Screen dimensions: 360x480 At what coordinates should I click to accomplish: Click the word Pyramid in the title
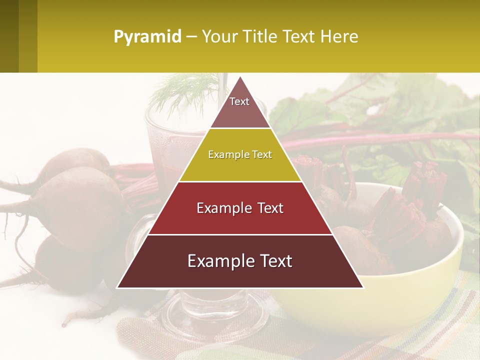(x=147, y=36)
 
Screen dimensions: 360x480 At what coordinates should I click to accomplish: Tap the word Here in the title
(x=339, y=36)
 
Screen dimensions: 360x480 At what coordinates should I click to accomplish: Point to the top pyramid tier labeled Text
(x=240, y=107)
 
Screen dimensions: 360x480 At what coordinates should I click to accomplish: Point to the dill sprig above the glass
(x=175, y=92)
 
